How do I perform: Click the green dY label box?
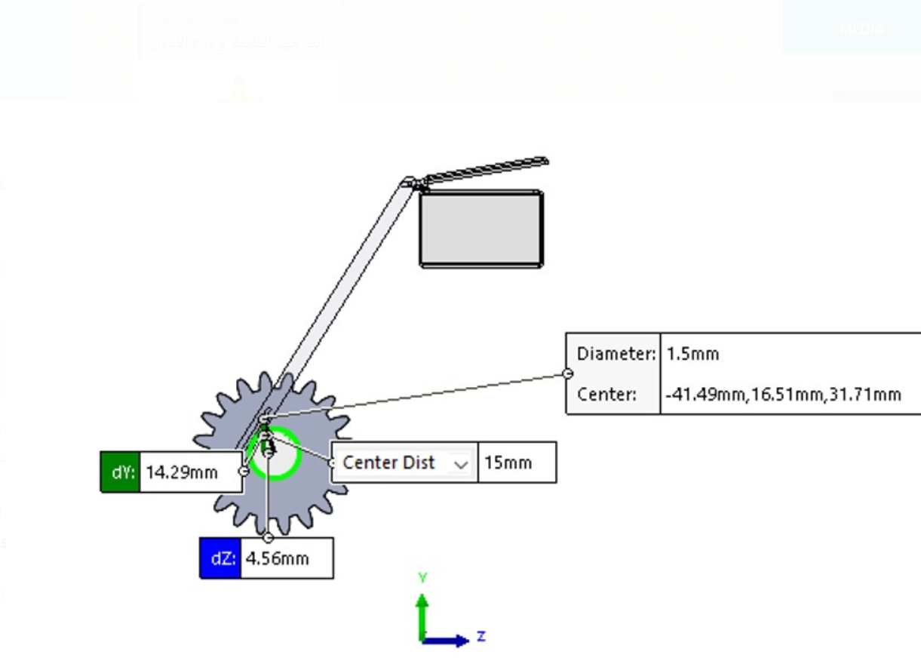121,472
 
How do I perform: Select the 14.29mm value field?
189,472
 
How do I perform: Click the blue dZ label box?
220,559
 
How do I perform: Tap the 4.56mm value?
285,559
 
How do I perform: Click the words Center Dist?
388,463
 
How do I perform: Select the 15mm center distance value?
516,463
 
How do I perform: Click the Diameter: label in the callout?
616,353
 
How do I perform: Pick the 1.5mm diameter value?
692,353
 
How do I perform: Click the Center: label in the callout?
606,394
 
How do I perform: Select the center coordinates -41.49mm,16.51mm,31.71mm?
783,394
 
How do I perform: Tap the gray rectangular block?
481,228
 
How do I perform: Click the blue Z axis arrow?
449,641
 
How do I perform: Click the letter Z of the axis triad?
481,637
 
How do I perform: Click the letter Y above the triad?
423,578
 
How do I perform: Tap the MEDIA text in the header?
861,29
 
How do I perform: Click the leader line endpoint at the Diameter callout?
568,373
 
